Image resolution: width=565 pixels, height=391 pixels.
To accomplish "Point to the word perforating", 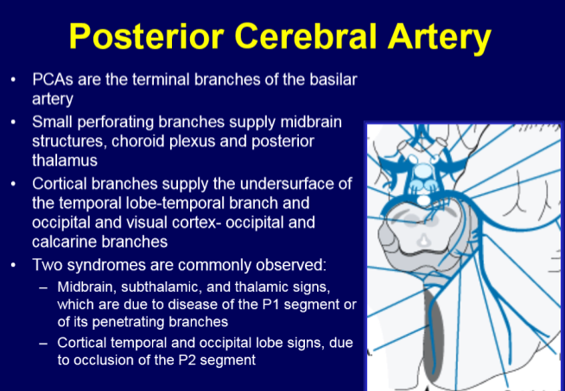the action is (114, 121).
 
